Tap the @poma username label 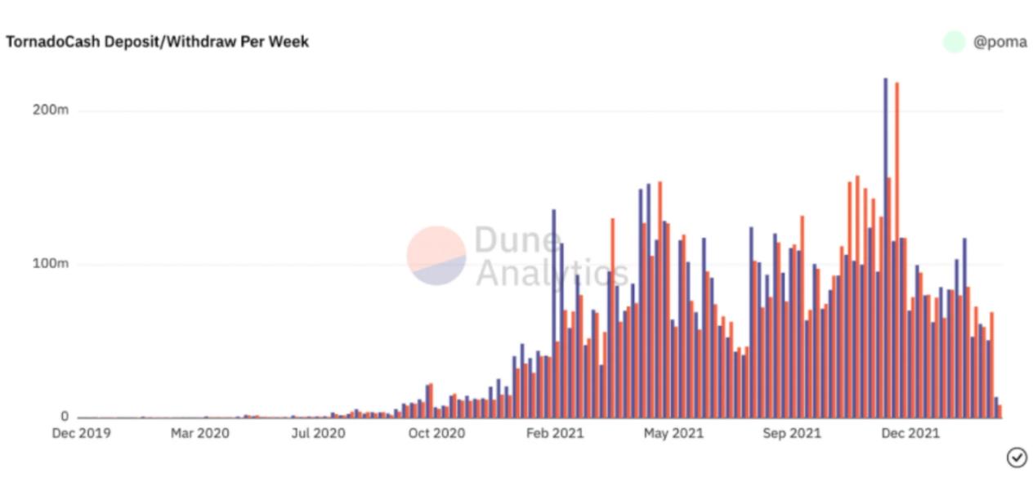coord(999,42)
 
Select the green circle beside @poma coord(954,42)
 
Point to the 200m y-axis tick coord(51,110)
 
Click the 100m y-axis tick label coord(51,264)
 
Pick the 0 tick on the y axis coord(65,417)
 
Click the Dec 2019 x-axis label coord(81,434)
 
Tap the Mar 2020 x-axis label coord(199,434)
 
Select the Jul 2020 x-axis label coord(318,434)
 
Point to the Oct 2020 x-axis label coord(436,434)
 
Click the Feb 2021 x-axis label coord(555,434)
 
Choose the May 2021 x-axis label coord(673,434)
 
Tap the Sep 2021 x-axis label coord(792,434)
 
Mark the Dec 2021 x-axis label coord(910,434)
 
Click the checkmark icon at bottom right coord(1017,458)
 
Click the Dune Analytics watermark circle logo coord(436,256)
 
